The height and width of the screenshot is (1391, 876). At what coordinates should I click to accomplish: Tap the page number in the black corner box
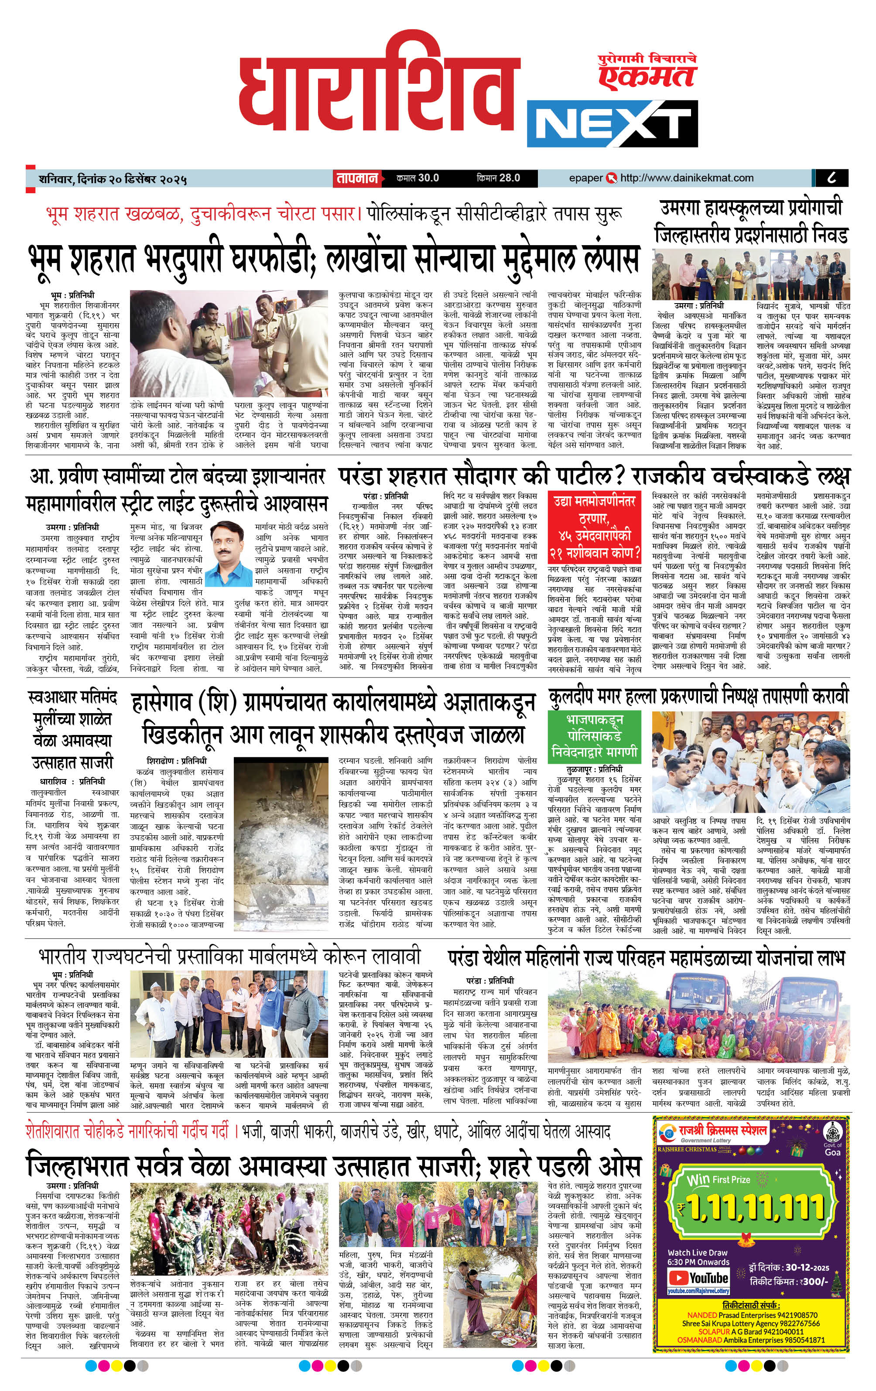pos(832,178)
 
